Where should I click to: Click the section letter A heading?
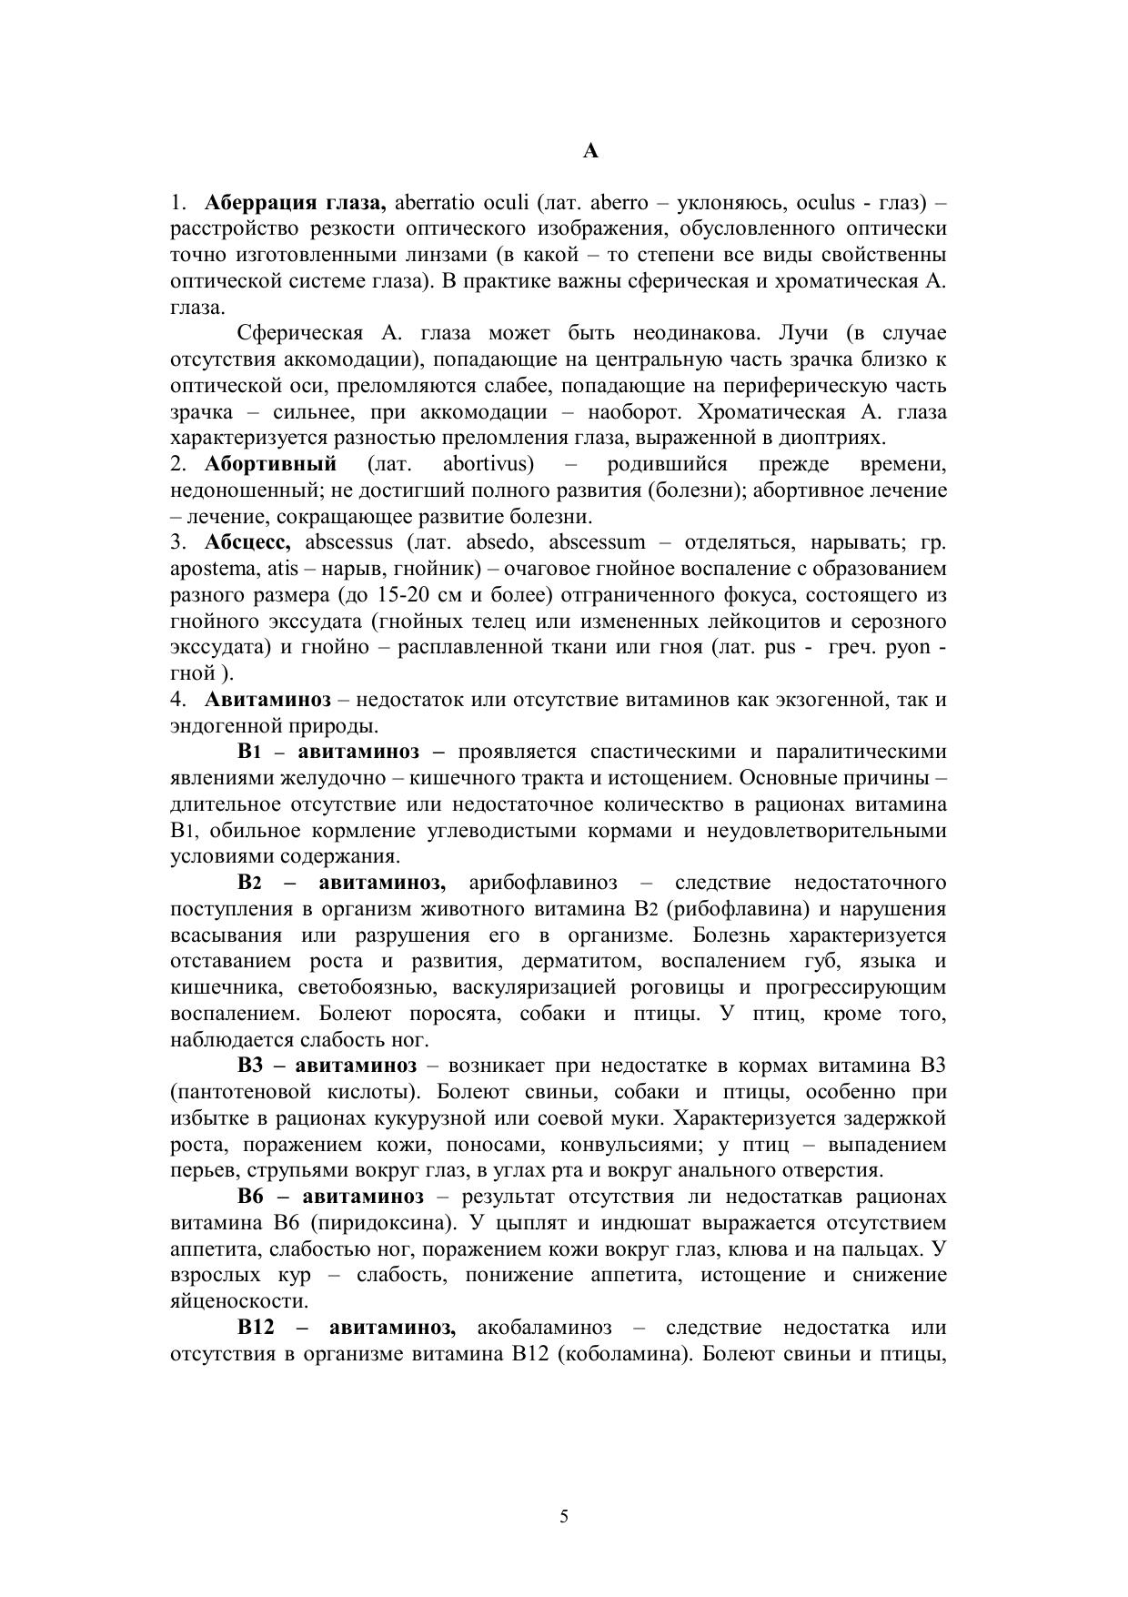[590, 151]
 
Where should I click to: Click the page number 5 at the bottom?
[564, 1515]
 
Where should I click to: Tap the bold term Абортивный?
[270, 464]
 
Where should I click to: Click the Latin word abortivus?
[488, 464]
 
